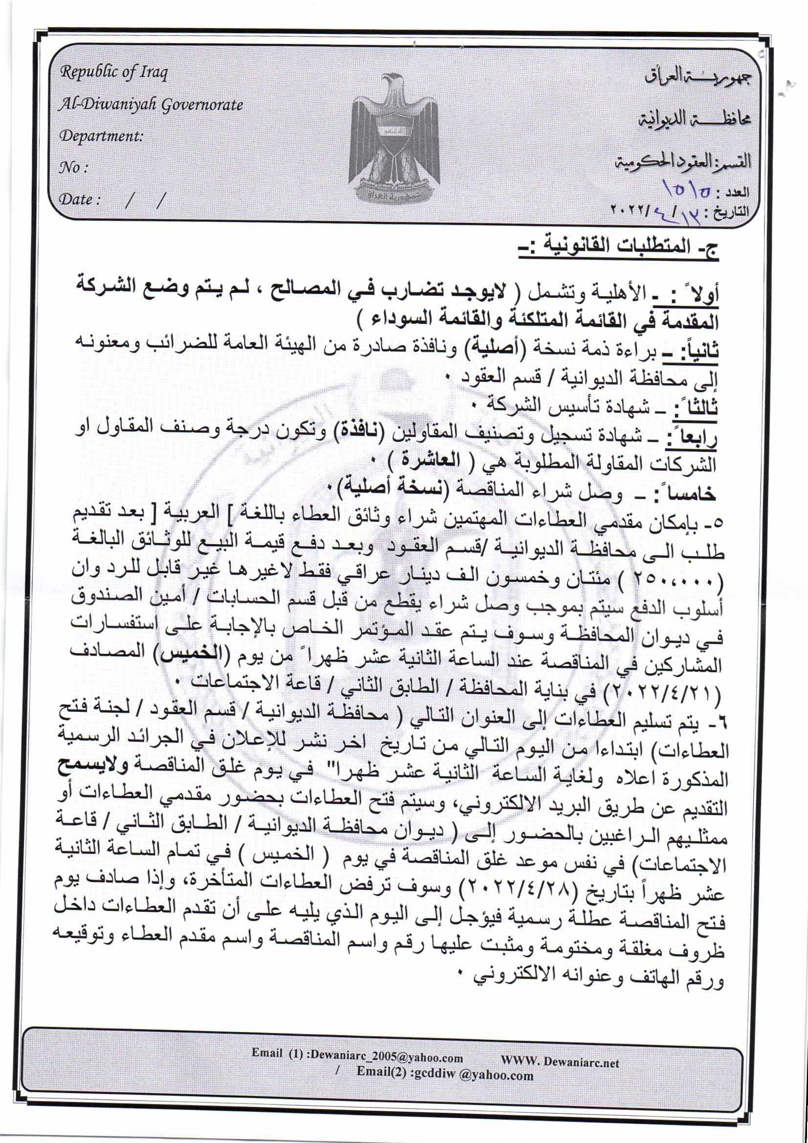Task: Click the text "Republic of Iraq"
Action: point(113,73)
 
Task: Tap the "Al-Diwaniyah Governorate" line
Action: point(151,105)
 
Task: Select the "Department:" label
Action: point(101,136)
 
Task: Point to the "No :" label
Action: point(73,167)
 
